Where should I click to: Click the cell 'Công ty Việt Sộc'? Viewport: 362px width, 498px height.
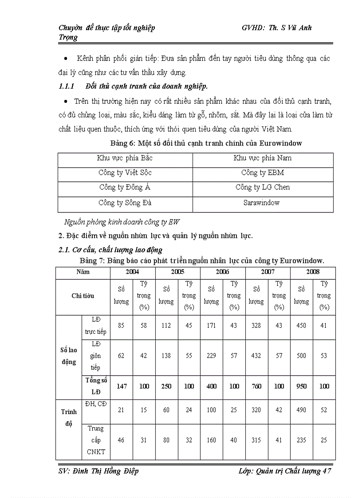125,173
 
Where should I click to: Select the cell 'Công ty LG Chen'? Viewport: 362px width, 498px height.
263,187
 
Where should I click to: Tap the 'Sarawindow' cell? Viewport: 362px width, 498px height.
263,203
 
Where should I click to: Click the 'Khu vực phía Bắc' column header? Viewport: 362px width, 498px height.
125,158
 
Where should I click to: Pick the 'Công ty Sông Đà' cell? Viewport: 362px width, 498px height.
125,203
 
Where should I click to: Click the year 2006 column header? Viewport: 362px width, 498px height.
222,272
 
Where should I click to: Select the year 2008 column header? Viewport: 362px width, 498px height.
313,272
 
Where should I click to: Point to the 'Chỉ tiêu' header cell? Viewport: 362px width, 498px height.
83,296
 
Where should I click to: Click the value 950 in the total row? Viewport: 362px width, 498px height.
301,386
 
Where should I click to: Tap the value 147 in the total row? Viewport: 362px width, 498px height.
121,386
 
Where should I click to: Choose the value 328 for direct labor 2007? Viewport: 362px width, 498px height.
256,325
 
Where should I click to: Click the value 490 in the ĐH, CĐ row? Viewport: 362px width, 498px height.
301,410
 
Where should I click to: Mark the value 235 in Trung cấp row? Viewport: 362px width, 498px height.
301,440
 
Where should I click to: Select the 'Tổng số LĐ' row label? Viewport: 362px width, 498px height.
96,386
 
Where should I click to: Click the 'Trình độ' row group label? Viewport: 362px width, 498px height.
69,417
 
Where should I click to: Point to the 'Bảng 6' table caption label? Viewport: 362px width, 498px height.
122,143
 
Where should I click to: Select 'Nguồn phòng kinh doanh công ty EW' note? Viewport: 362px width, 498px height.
122,222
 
